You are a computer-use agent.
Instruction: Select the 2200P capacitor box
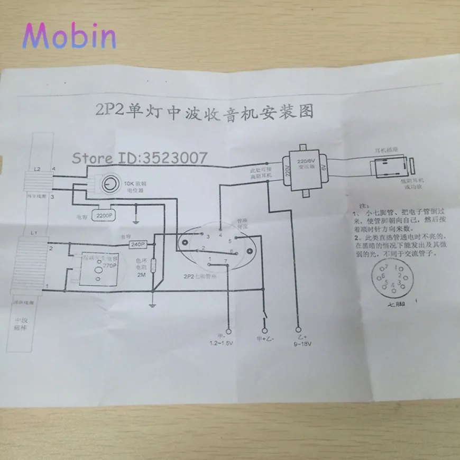[104, 215]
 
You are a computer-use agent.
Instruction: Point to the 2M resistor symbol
[153, 266]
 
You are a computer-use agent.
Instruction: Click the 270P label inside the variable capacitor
[109, 264]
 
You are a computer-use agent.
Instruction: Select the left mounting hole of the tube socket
[185, 242]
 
